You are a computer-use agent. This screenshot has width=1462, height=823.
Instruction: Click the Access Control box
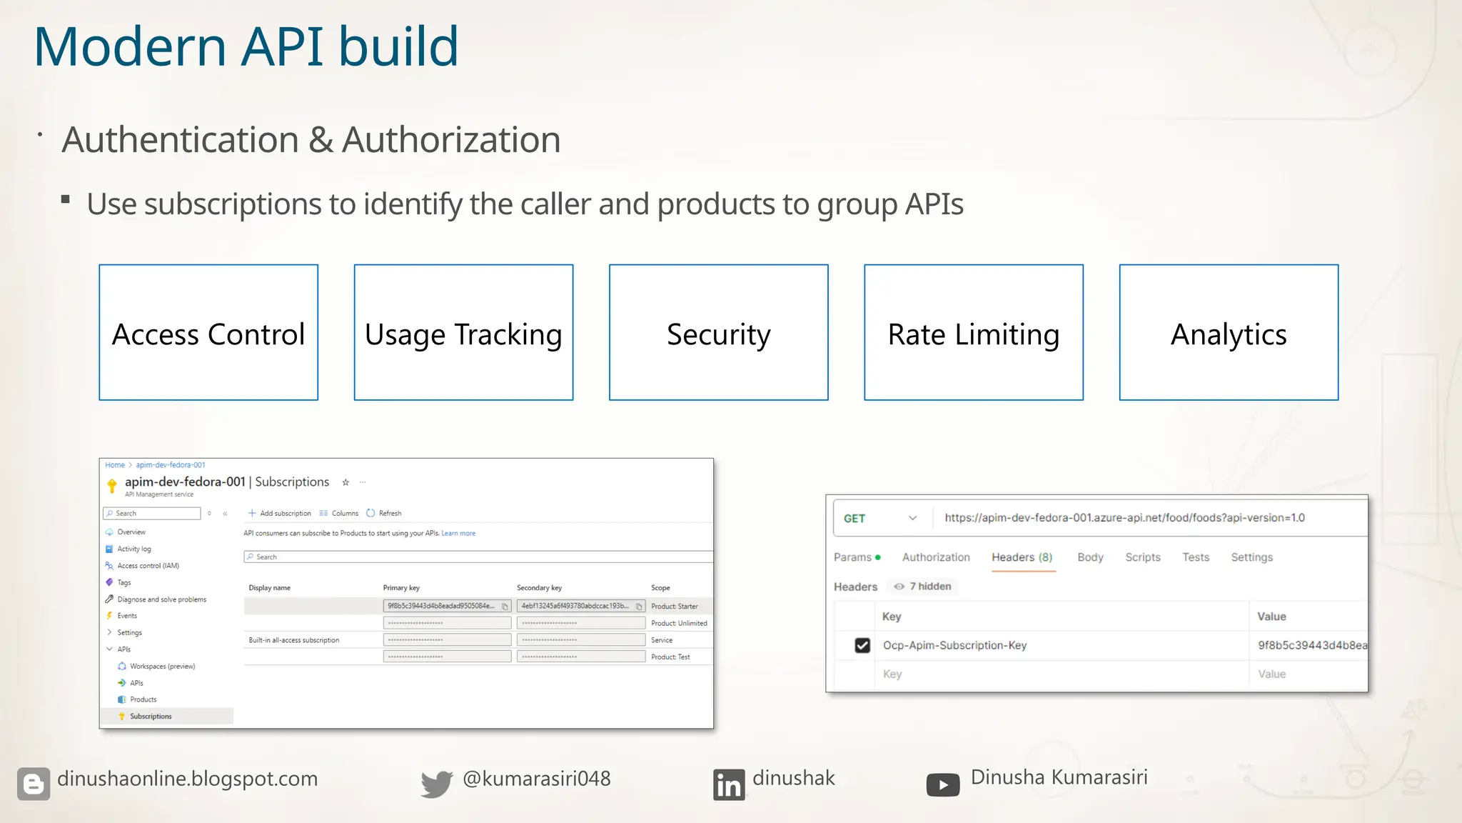pyautogui.click(x=208, y=333)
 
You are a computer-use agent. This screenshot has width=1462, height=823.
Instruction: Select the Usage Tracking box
pyautogui.click(x=463, y=333)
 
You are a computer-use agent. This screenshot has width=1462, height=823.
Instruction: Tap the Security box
pyautogui.click(x=718, y=333)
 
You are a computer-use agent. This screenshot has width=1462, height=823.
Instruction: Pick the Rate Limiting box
pyautogui.click(x=973, y=333)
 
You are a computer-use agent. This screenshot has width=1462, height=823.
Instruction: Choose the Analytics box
pyautogui.click(x=1229, y=333)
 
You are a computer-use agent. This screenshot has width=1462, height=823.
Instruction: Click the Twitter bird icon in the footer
pyautogui.click(x=436, y=784)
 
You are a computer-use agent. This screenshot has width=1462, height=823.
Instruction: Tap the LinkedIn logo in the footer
pyautogui.click(x=728, y=784)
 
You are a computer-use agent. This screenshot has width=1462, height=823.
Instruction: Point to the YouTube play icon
pyautogui.click(x=942, y=785)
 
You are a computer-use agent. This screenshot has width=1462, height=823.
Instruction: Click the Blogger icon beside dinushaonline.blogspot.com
pyautogui.click(x=34, y=784)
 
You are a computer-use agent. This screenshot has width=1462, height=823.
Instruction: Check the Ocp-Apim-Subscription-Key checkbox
pyautogui.click(x=862, y=646)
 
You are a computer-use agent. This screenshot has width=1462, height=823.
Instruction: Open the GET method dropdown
pyautogui.click(x=880, y=519)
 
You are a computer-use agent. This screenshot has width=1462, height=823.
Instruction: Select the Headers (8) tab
pyautogui.click(x=1022, y=557)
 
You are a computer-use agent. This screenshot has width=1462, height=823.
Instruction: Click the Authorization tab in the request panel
pyautogui.click(x=936, y=557)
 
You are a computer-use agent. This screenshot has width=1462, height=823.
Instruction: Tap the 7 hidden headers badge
pyautogui.click(x=923, y=587)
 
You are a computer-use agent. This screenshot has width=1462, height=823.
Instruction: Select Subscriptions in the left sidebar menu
pyautogui.click(x=151, y=717)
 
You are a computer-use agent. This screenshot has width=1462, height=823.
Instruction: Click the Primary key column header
pyautogui.click(x=401, y=588)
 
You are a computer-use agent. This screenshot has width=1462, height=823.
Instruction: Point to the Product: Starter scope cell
pyautogui.click(x=675, y=607)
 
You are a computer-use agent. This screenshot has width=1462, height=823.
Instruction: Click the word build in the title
pyautogui.click(x=398, y=47)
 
